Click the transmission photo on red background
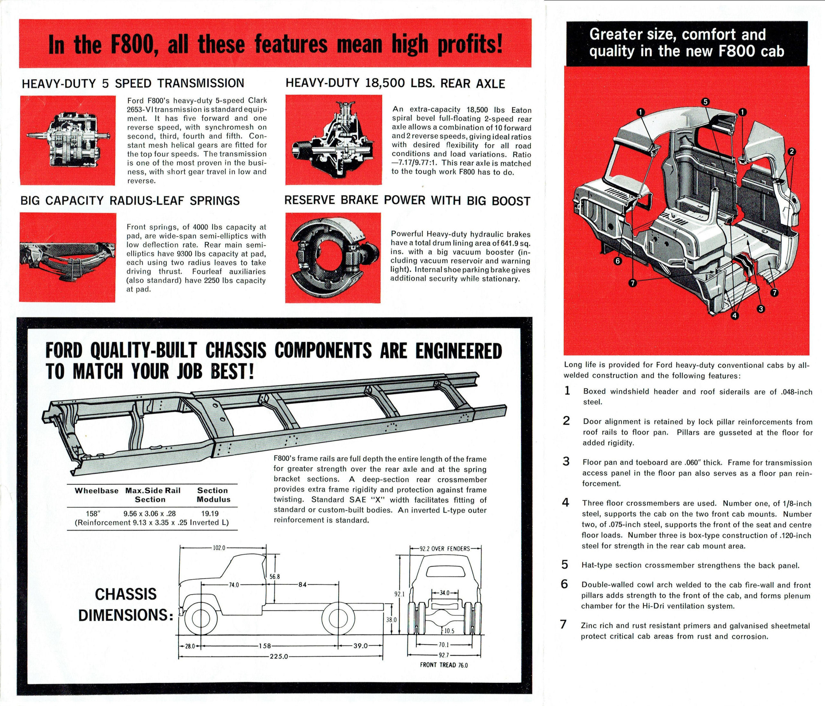[68, 140]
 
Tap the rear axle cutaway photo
[333, 139]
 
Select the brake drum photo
[333, 257]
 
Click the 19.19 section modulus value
[210, 514]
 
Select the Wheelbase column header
[96, 491]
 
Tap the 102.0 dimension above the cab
[219, 548]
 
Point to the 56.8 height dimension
[275, 577]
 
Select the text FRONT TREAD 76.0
[443, 665]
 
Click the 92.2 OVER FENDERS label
[445, 549]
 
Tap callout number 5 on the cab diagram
[705, 101]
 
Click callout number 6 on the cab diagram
[618, 261]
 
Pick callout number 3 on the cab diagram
[760, 308]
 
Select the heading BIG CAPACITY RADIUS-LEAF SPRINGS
[130, 201]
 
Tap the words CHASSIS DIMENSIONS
[126, 605]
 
